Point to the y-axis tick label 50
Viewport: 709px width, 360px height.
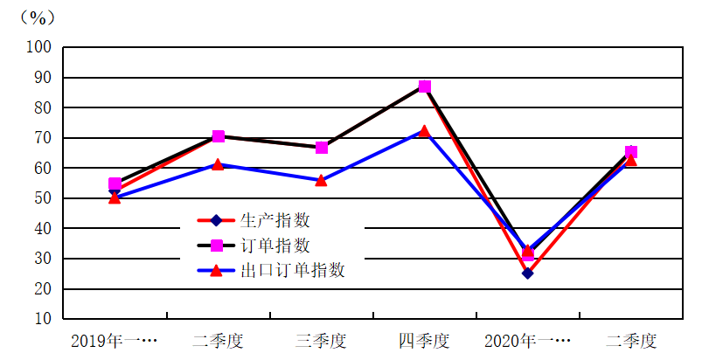coord(44,198)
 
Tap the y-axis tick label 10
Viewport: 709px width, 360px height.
coord(44,319)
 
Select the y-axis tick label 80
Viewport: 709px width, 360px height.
coord(44,107)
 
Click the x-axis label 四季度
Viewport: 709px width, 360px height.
coord(424,340)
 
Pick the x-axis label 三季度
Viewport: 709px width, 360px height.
coord(321,340)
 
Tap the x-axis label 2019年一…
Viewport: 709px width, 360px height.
coord(114,340)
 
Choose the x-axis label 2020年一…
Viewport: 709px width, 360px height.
coord(527,340)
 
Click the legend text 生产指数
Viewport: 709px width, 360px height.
coord(275,220)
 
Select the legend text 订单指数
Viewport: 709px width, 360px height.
coord(275,246)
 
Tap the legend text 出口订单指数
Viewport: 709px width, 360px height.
coord(292,270)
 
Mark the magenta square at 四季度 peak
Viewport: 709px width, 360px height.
coord(425,87)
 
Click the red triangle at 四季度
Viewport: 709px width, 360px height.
coord(425,131)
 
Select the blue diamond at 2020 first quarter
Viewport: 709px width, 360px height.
coord(527,273)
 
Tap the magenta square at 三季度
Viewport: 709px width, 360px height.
coord(322,148)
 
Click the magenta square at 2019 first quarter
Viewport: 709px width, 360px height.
coord(115,184)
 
